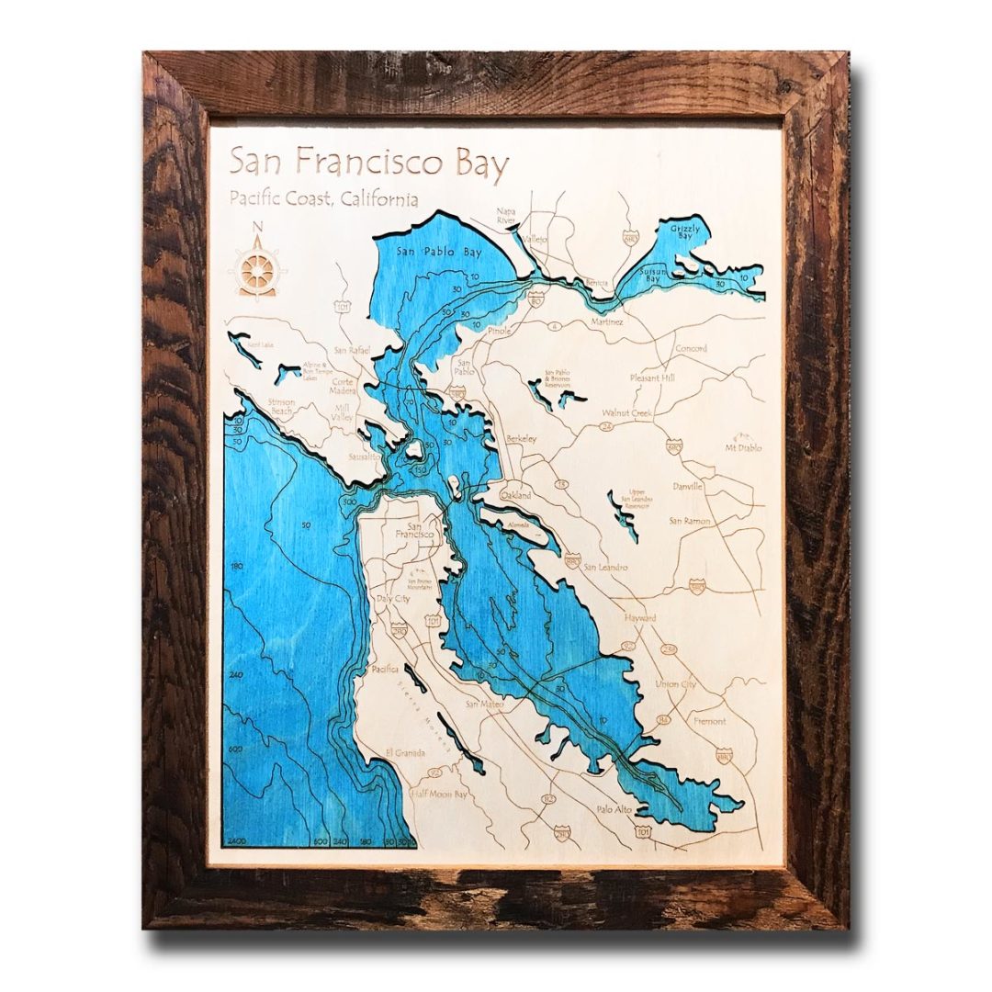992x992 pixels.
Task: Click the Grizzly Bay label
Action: click(x=685, y=230)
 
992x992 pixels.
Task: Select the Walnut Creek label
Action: click(x=627, y=413)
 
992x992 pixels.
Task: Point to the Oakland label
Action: click(x=515, y=495)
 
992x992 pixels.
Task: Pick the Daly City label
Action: click(x=393, y=598)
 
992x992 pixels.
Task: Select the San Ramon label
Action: click(x=690, y=521)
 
